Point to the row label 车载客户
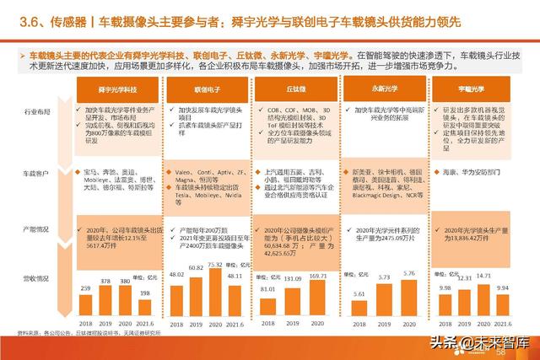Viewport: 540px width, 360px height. [38, 173]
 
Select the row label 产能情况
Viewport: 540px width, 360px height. [38, 228]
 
